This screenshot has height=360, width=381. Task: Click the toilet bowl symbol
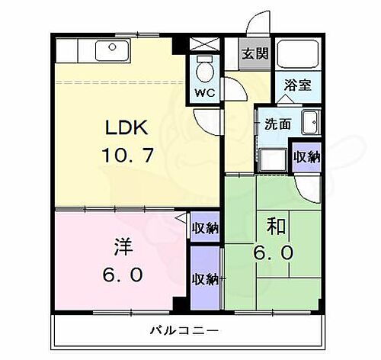coord(203,70)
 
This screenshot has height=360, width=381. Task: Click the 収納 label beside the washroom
coord(306,156)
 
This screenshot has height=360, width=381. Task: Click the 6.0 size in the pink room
coord(123,275)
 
